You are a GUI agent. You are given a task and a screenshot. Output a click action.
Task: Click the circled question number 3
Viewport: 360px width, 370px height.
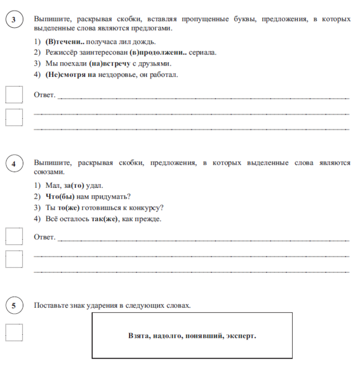13,21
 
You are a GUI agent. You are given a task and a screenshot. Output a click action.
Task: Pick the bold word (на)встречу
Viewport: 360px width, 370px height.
110,63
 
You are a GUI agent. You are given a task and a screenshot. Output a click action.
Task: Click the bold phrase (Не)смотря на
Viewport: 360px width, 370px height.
70,75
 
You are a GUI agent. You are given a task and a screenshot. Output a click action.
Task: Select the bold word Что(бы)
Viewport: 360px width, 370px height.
60,196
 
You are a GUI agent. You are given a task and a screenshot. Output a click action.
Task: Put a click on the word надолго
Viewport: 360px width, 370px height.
169,336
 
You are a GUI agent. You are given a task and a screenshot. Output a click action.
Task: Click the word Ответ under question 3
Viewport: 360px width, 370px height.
44,95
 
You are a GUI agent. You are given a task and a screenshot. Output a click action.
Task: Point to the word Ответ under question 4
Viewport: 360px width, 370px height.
44,237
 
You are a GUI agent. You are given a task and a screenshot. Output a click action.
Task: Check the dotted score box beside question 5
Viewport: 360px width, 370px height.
14,332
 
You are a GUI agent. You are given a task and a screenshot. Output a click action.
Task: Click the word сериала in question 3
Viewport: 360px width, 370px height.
204,52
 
